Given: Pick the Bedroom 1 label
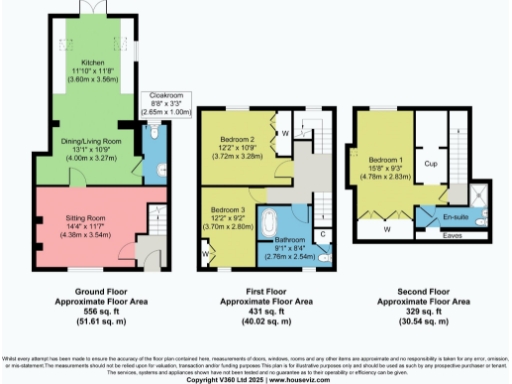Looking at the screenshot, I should pos(384,159).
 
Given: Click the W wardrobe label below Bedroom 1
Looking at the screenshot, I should pos(386,228).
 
